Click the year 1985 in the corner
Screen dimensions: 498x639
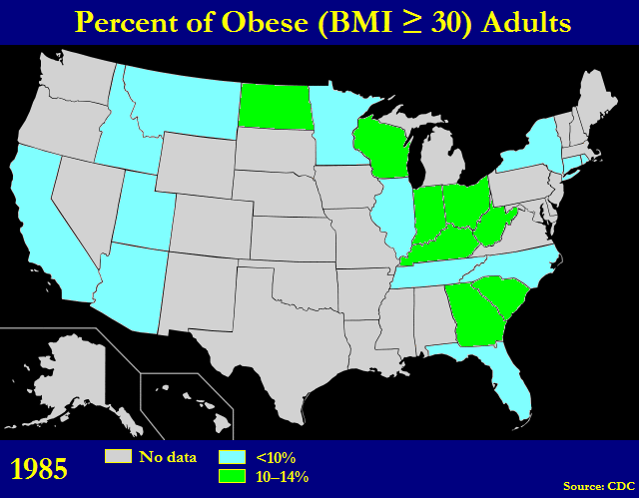pos(39,468)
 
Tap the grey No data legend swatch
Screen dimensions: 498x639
pos(118,456)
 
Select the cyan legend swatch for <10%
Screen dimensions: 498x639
pos(232,456)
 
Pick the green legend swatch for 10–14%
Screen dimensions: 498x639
pos(232,475)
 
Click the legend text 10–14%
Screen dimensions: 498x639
pos(283,476)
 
